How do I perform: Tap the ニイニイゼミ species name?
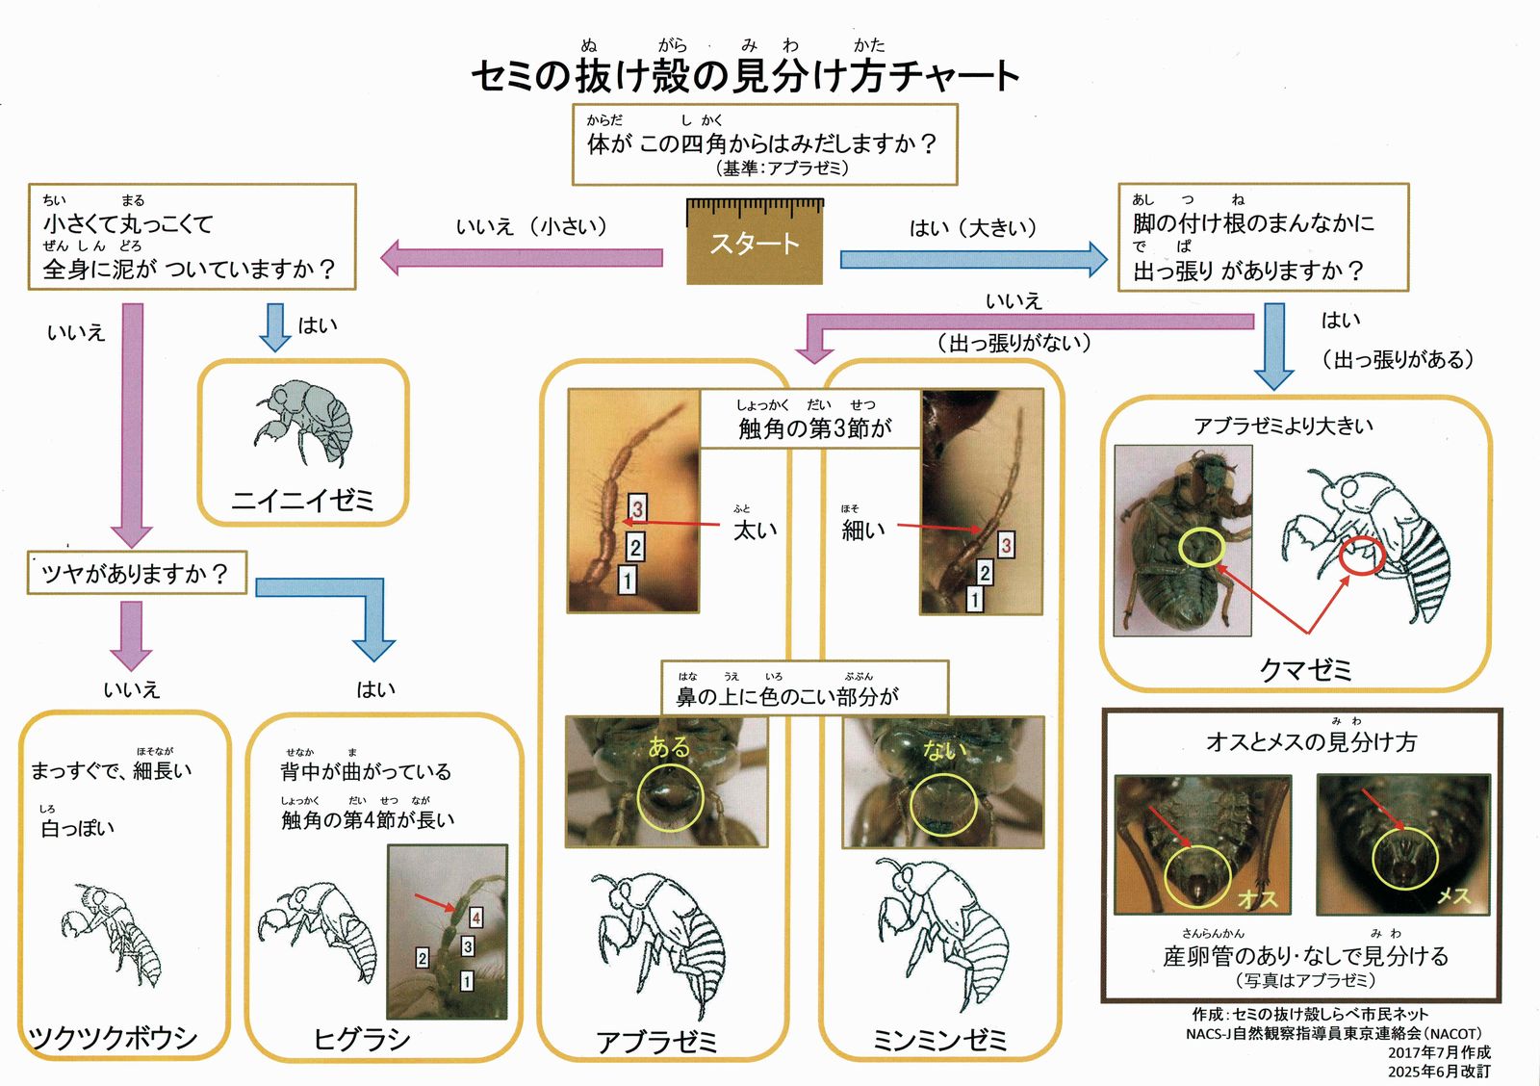pyautogui.click(x=302, y=500)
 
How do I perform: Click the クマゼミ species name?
pyautogui.click(x=1305, y=669)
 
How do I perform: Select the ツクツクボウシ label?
pyautogui.click(x=114, y=1038)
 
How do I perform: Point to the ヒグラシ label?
pyautogui.click(x=362, y=1039)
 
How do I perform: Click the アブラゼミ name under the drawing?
pyautogui.click(x=657, y=1042)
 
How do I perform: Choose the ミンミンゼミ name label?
pyautogui.click(x=939, y=1040)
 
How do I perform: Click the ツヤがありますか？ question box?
pyautogui.click(x=136, y=574)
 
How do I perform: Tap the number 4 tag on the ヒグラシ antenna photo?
pyautogui.click(x=475, y=918)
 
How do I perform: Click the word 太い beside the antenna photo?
pyautogui.click(x=756, y=530)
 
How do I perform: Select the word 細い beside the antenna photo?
pyautogui.click(x=863, y=530)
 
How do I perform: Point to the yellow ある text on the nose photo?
pyautogui.click(x=669, y=747)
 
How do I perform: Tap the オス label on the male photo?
pyautogui.click(x=1257, y=898)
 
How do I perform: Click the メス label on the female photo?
pyautogui.click(x=1453, y=896)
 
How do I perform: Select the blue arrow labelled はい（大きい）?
pyautogui.click(x=973, y=259)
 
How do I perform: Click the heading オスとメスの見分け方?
pyautogui.click(x=1311, y=742)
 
